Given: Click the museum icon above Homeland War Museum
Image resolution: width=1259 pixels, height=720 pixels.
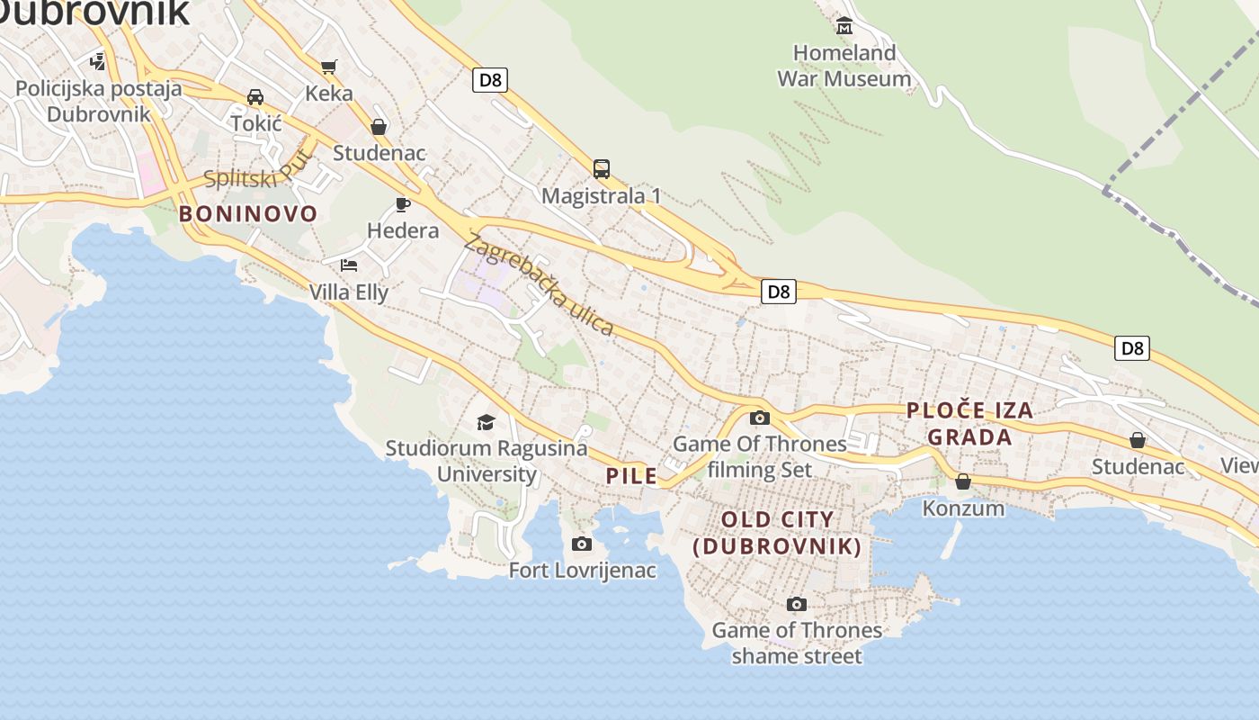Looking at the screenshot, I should coord(844,26).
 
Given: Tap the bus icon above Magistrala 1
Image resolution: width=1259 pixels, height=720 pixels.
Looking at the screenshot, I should coord(601,168).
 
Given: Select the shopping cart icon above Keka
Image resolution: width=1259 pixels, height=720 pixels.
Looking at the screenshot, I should coord(328,67).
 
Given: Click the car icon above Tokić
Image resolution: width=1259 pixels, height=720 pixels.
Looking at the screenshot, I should coord(255,96).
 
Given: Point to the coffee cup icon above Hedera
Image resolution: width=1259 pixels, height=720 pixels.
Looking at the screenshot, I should coord(403,204).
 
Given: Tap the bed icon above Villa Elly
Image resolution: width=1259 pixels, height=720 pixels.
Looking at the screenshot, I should coord(349,265).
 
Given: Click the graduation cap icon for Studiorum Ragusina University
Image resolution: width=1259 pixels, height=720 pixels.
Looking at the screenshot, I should coord(486,422).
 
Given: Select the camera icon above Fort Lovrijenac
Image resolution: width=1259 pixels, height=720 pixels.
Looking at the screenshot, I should coord(582,544).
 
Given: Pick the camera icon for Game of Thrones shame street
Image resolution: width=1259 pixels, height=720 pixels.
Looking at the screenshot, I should coord(796,604).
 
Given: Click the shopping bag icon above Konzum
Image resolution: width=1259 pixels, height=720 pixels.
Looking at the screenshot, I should coord(963,481).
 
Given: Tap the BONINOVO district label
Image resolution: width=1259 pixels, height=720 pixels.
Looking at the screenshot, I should coord(248,213).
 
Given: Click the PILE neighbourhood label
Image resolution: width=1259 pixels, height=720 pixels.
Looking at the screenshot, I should coord(631,476).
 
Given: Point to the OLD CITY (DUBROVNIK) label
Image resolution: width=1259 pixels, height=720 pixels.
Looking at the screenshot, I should coord(777,533).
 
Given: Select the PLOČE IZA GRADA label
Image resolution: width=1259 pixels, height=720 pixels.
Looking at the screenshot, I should coord(969,424).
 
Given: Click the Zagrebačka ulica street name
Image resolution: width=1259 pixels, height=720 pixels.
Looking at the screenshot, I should coord(539,284).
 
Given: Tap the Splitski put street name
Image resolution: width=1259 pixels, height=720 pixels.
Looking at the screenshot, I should coord(256,171).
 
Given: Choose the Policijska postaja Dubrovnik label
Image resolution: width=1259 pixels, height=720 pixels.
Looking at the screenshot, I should coord(99,102).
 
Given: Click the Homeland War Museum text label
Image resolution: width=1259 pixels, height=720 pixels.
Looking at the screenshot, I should coord(844,66).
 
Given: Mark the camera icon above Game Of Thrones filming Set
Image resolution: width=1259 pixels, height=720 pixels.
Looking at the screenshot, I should coord(759,418).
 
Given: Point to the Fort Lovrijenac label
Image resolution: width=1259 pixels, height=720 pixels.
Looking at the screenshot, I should coord(582,571).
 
